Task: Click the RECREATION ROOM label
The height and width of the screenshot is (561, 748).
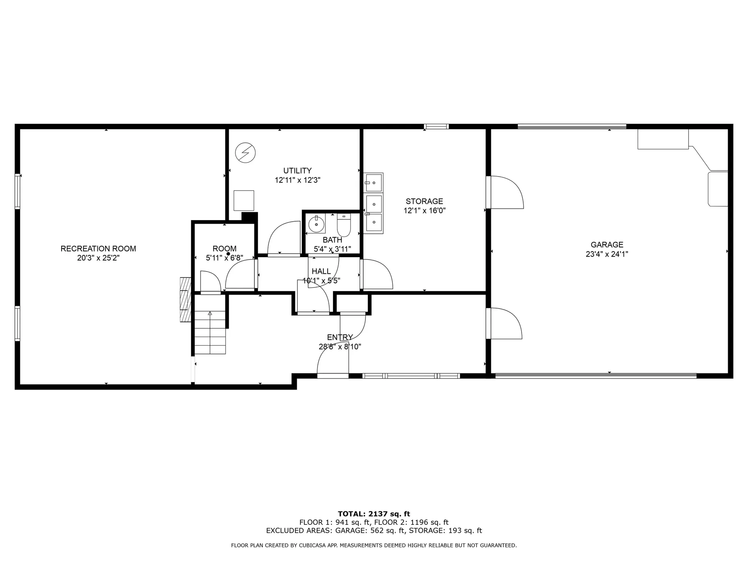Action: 98,249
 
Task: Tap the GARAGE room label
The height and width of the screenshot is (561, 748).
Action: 607,245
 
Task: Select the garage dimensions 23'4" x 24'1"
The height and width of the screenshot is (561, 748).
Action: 607,254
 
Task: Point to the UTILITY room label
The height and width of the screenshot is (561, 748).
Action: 297,171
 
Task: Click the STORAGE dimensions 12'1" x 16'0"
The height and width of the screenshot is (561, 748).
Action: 424,211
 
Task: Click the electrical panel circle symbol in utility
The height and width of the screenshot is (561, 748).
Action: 245,153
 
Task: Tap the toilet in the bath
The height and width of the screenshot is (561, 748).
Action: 344,225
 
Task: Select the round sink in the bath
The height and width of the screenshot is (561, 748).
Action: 316,224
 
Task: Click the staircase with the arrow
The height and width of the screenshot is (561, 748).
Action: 210,324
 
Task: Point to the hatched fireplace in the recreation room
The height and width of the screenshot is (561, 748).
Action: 185,300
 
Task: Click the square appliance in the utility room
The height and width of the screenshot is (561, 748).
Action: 244,201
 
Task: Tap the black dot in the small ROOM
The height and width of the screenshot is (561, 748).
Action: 228,254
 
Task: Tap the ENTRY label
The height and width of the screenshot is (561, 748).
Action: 340,337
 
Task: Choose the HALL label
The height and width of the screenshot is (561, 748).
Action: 321,272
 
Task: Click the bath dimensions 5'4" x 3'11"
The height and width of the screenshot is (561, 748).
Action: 332,249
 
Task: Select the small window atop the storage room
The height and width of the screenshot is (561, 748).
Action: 436,126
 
